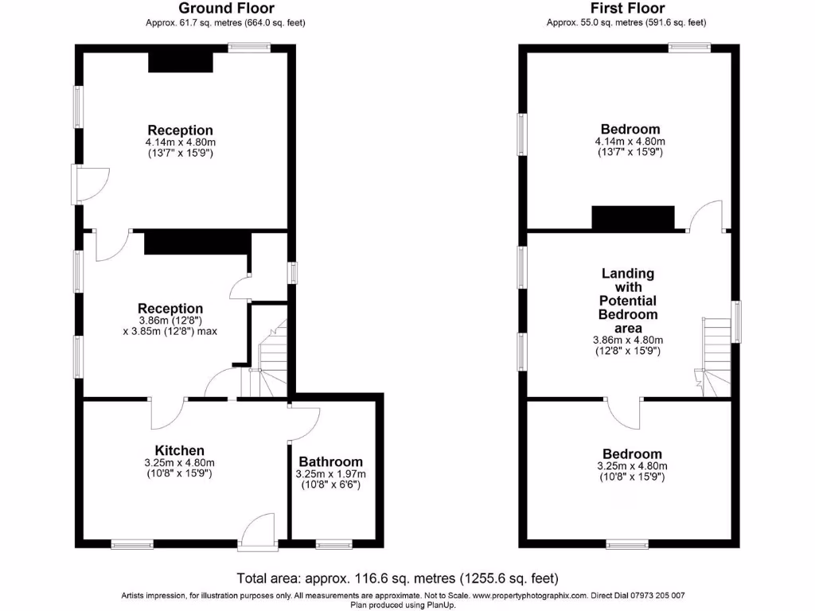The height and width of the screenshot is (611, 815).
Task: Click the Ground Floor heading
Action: point(225,9)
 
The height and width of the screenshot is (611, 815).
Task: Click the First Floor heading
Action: point(626,9)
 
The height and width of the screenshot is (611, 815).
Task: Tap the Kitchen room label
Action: point(179,450)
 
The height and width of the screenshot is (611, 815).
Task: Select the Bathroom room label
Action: point(330,461)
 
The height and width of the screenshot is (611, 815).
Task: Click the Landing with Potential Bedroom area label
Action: point(628,301)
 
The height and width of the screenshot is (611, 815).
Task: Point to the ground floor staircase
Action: point(271,362)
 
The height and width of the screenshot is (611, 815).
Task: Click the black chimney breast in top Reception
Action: point(181,62)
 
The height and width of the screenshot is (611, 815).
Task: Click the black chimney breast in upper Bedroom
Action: point(633,217)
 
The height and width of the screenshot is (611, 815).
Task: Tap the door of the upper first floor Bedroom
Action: point(707,216)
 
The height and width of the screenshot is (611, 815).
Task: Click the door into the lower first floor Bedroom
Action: point(625,412)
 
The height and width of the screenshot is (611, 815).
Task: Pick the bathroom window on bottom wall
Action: point(333,544)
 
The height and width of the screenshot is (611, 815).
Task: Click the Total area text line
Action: point(398,578)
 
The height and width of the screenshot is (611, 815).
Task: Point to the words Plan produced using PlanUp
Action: point(403,605)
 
